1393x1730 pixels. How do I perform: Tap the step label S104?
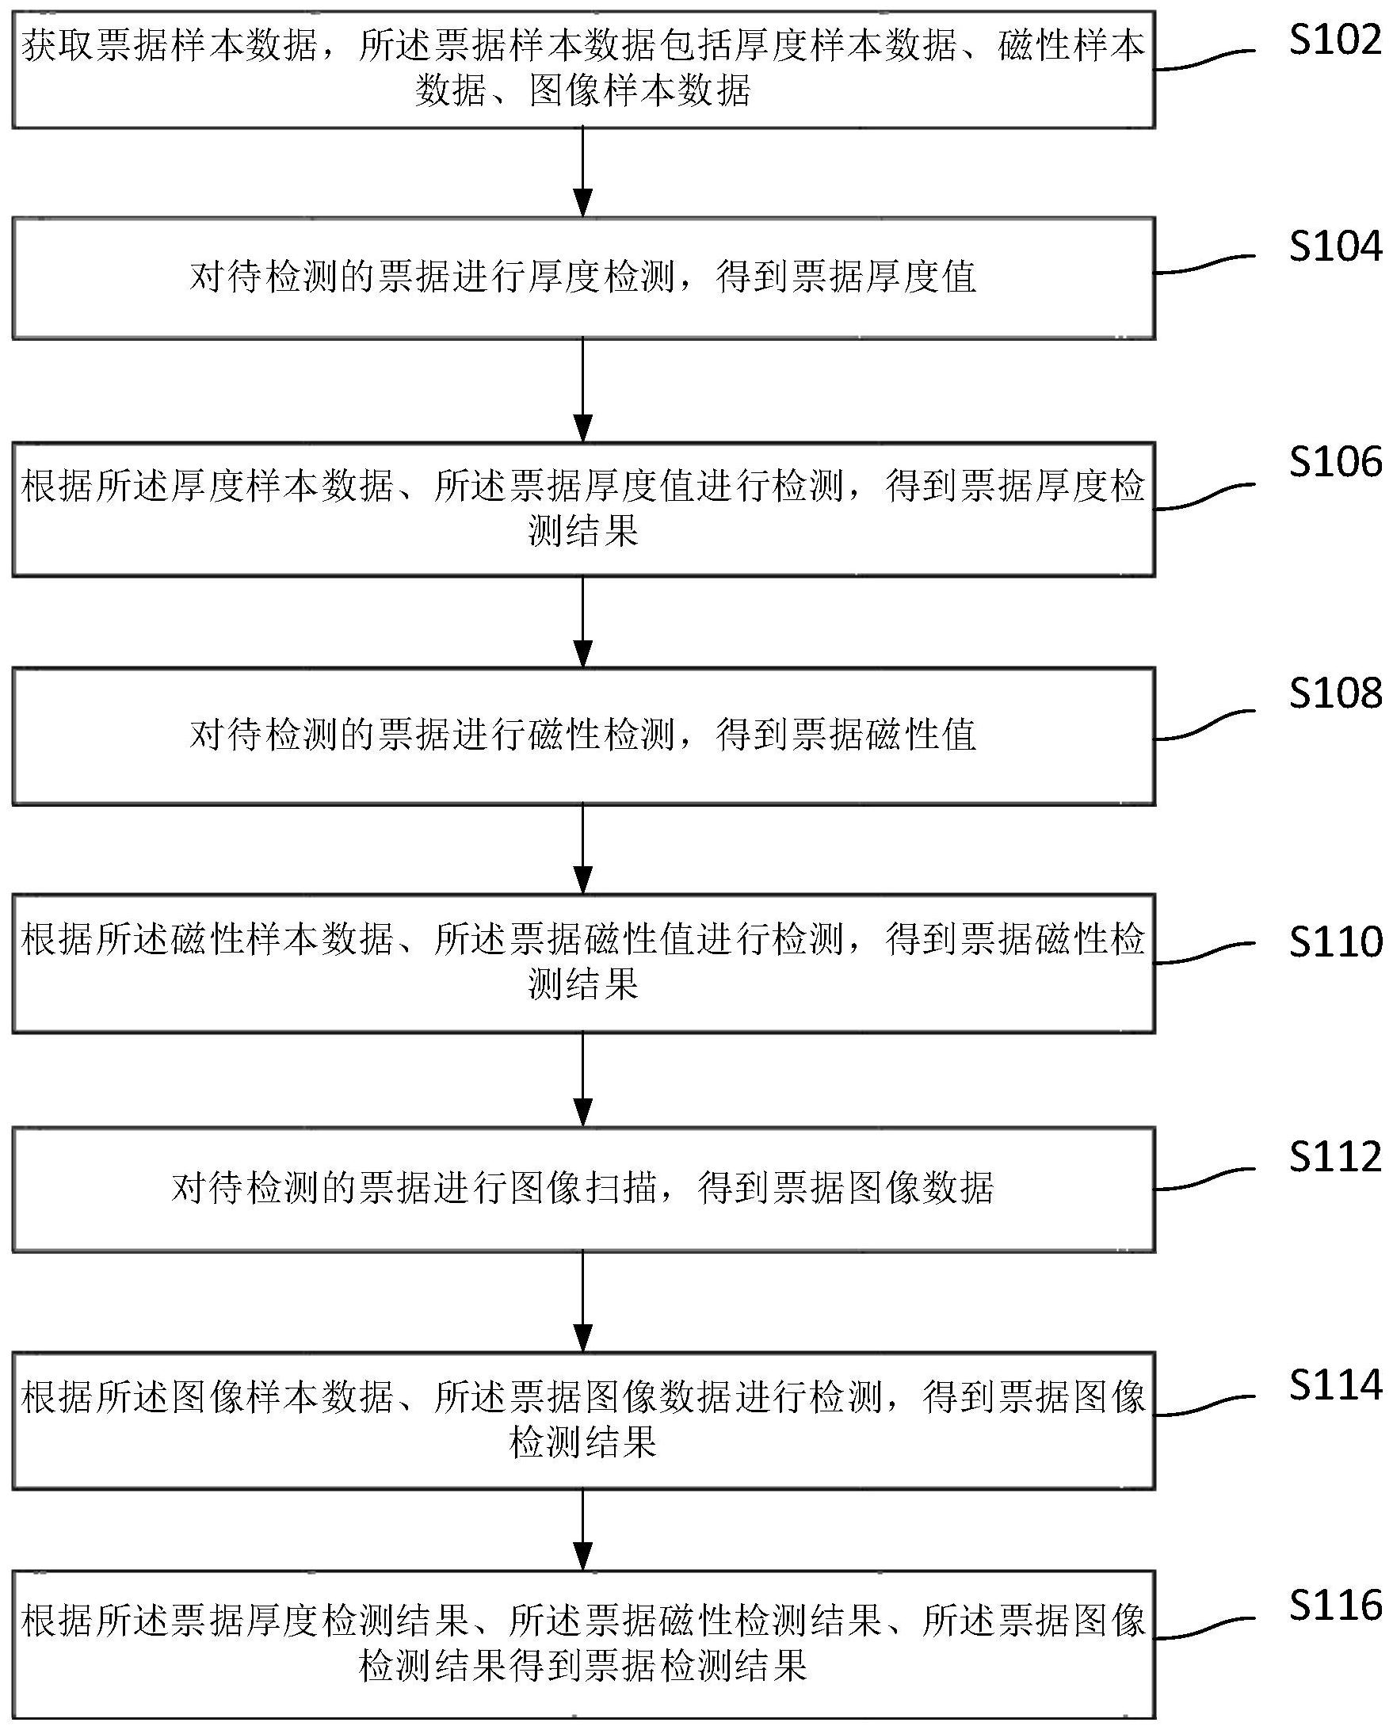[x=1334, y=246]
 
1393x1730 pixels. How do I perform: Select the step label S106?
[x=1334, y=462]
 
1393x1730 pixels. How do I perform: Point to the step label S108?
[x=1334, y=693]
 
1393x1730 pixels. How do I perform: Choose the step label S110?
[x=1334, y=941]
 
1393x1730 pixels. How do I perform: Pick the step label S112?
[x=1334, y=1157]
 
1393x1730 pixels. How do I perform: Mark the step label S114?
[x=1334, y=1385]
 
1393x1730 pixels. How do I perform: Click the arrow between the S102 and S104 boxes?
[x=583, y=172]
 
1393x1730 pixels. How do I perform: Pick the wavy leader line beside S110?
[x=1204, y=954]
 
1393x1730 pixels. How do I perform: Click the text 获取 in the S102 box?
[x=59, y=47]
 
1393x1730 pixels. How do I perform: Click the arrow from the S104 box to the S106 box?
[x=583, y=390]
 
